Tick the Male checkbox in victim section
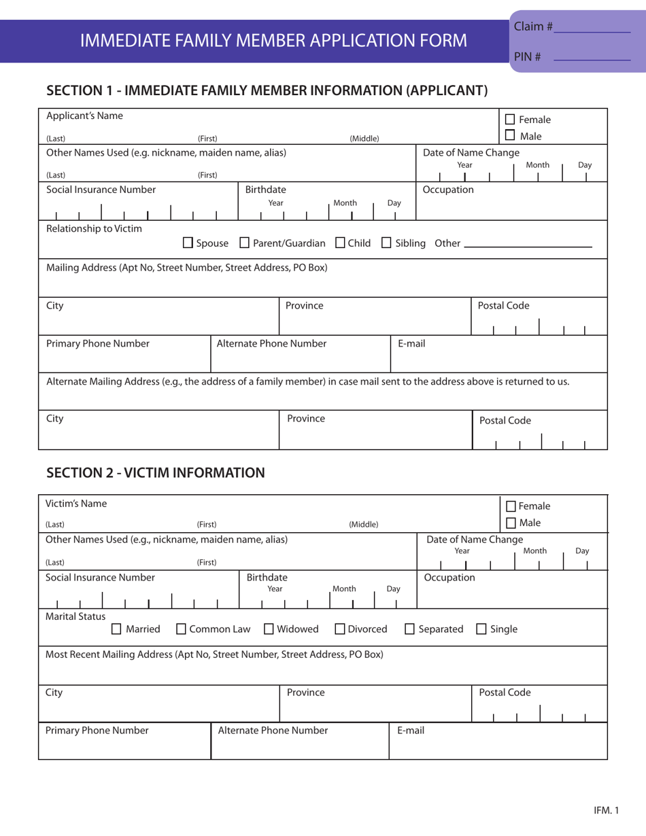coord(511,521)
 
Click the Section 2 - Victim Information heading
coord(155,472)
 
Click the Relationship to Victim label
coord(94,228)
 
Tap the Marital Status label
coord(75,616)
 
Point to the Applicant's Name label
coord(84,115)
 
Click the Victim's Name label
coord(76,503)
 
